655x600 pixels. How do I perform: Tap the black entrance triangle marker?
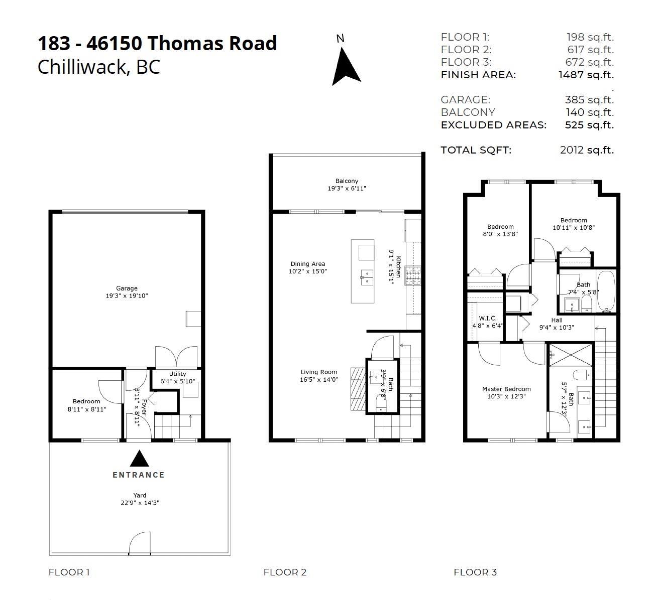140,459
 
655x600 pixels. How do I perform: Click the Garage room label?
127,288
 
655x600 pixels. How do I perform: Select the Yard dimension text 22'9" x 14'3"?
140,503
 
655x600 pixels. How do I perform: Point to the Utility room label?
177,374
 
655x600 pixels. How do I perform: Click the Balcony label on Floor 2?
347,181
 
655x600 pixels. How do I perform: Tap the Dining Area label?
307,264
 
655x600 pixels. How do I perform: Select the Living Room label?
319,372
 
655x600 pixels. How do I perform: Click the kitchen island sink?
367,277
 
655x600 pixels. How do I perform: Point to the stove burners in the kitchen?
413,275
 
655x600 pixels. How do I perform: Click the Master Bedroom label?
506,389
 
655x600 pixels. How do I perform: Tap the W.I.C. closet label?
487,319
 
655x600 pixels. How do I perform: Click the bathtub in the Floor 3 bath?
606,291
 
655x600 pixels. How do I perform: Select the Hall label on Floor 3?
557,320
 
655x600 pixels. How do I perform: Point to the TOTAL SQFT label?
476,150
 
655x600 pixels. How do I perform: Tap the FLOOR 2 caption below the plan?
285,572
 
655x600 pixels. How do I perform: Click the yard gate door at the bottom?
140,545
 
